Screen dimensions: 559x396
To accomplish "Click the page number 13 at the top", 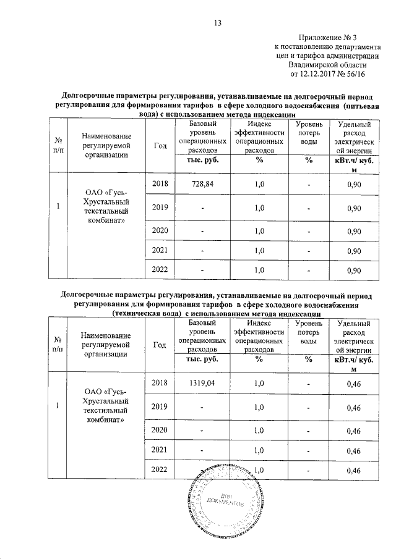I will click(x=217, y=23).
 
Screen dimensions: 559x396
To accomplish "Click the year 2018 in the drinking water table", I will click(x=160, y=184).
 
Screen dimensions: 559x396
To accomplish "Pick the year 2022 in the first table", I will click(x=160, y=270).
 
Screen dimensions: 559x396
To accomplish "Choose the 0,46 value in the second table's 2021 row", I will click(x=354, y=451).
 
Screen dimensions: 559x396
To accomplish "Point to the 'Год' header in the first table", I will click(x=160, y=146).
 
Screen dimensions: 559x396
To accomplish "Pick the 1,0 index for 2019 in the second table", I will click(x=259, y=407).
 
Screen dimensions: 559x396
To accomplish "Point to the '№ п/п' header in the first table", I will click(x=58, y=146).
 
